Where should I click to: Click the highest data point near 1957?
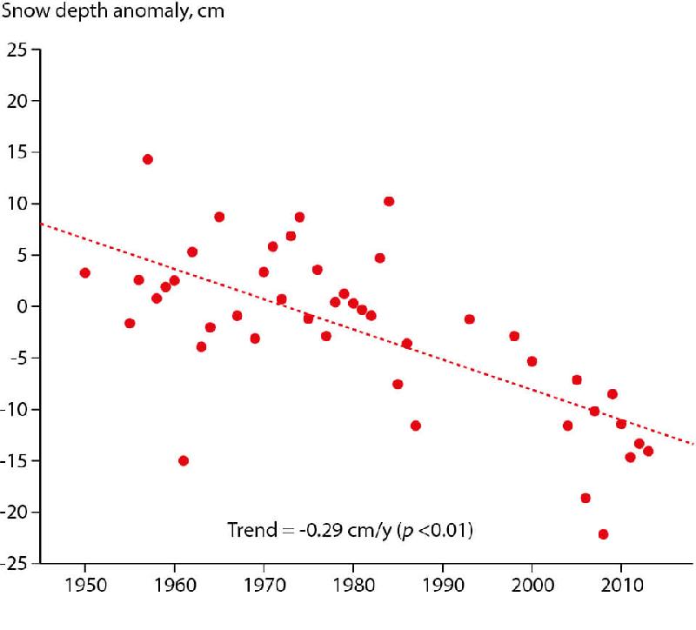(x=148, y=159)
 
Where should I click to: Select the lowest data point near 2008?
(x=603, y=534)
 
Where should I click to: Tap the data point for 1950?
(x=85, y=272)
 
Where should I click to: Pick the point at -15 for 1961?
(x=184, y=460)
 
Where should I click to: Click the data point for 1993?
(x=470, y=319)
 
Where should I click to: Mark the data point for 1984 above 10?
(x=389, y=201)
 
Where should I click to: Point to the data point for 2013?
(x=648, y=451)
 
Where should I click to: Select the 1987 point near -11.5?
(x=416, y=426)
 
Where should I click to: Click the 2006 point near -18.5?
(x=586, y=498)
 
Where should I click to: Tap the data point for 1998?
(x=514, y=336)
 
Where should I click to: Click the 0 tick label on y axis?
(x=23, y=306)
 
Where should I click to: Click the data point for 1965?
(x=219, y=217)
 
